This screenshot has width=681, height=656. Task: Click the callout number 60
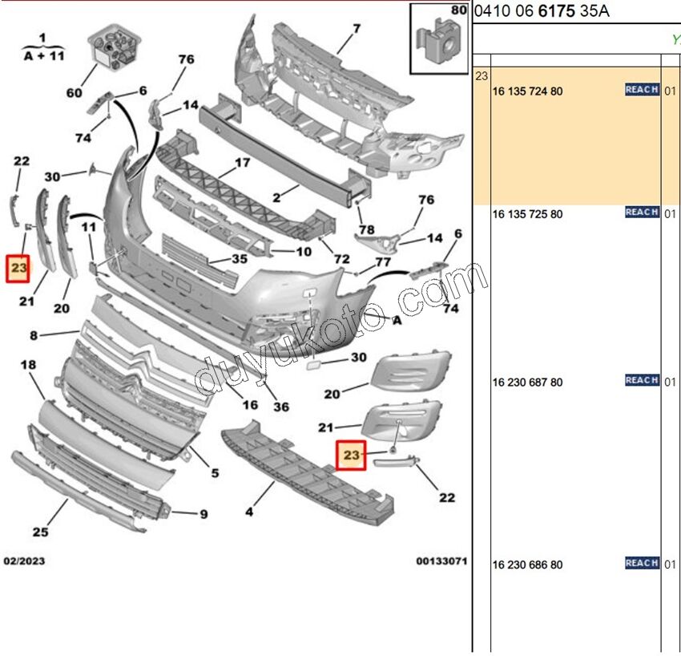[x=74, y=93]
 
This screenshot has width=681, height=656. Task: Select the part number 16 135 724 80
[x=527, y=91]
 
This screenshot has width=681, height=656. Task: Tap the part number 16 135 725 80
[x=527, y=214]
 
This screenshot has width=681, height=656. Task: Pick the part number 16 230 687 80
[x=527, y=383]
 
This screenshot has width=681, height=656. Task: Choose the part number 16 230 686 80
[x=527, y=565]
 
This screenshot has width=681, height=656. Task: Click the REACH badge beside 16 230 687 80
[x=642, y=380]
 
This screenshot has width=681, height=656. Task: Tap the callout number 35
[x=240, y=259]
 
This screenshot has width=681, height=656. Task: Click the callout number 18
[x=28, y=365]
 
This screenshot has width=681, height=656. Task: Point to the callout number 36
[x=280, y=407]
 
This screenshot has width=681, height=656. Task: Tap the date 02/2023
[x=24, y=561]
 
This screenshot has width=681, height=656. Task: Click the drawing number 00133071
[x=441, y=561]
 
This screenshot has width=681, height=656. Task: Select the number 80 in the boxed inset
[x=458, y=11]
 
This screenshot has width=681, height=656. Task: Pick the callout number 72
[x=342, y=260]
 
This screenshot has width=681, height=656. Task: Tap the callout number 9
[x=203, y=514]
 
